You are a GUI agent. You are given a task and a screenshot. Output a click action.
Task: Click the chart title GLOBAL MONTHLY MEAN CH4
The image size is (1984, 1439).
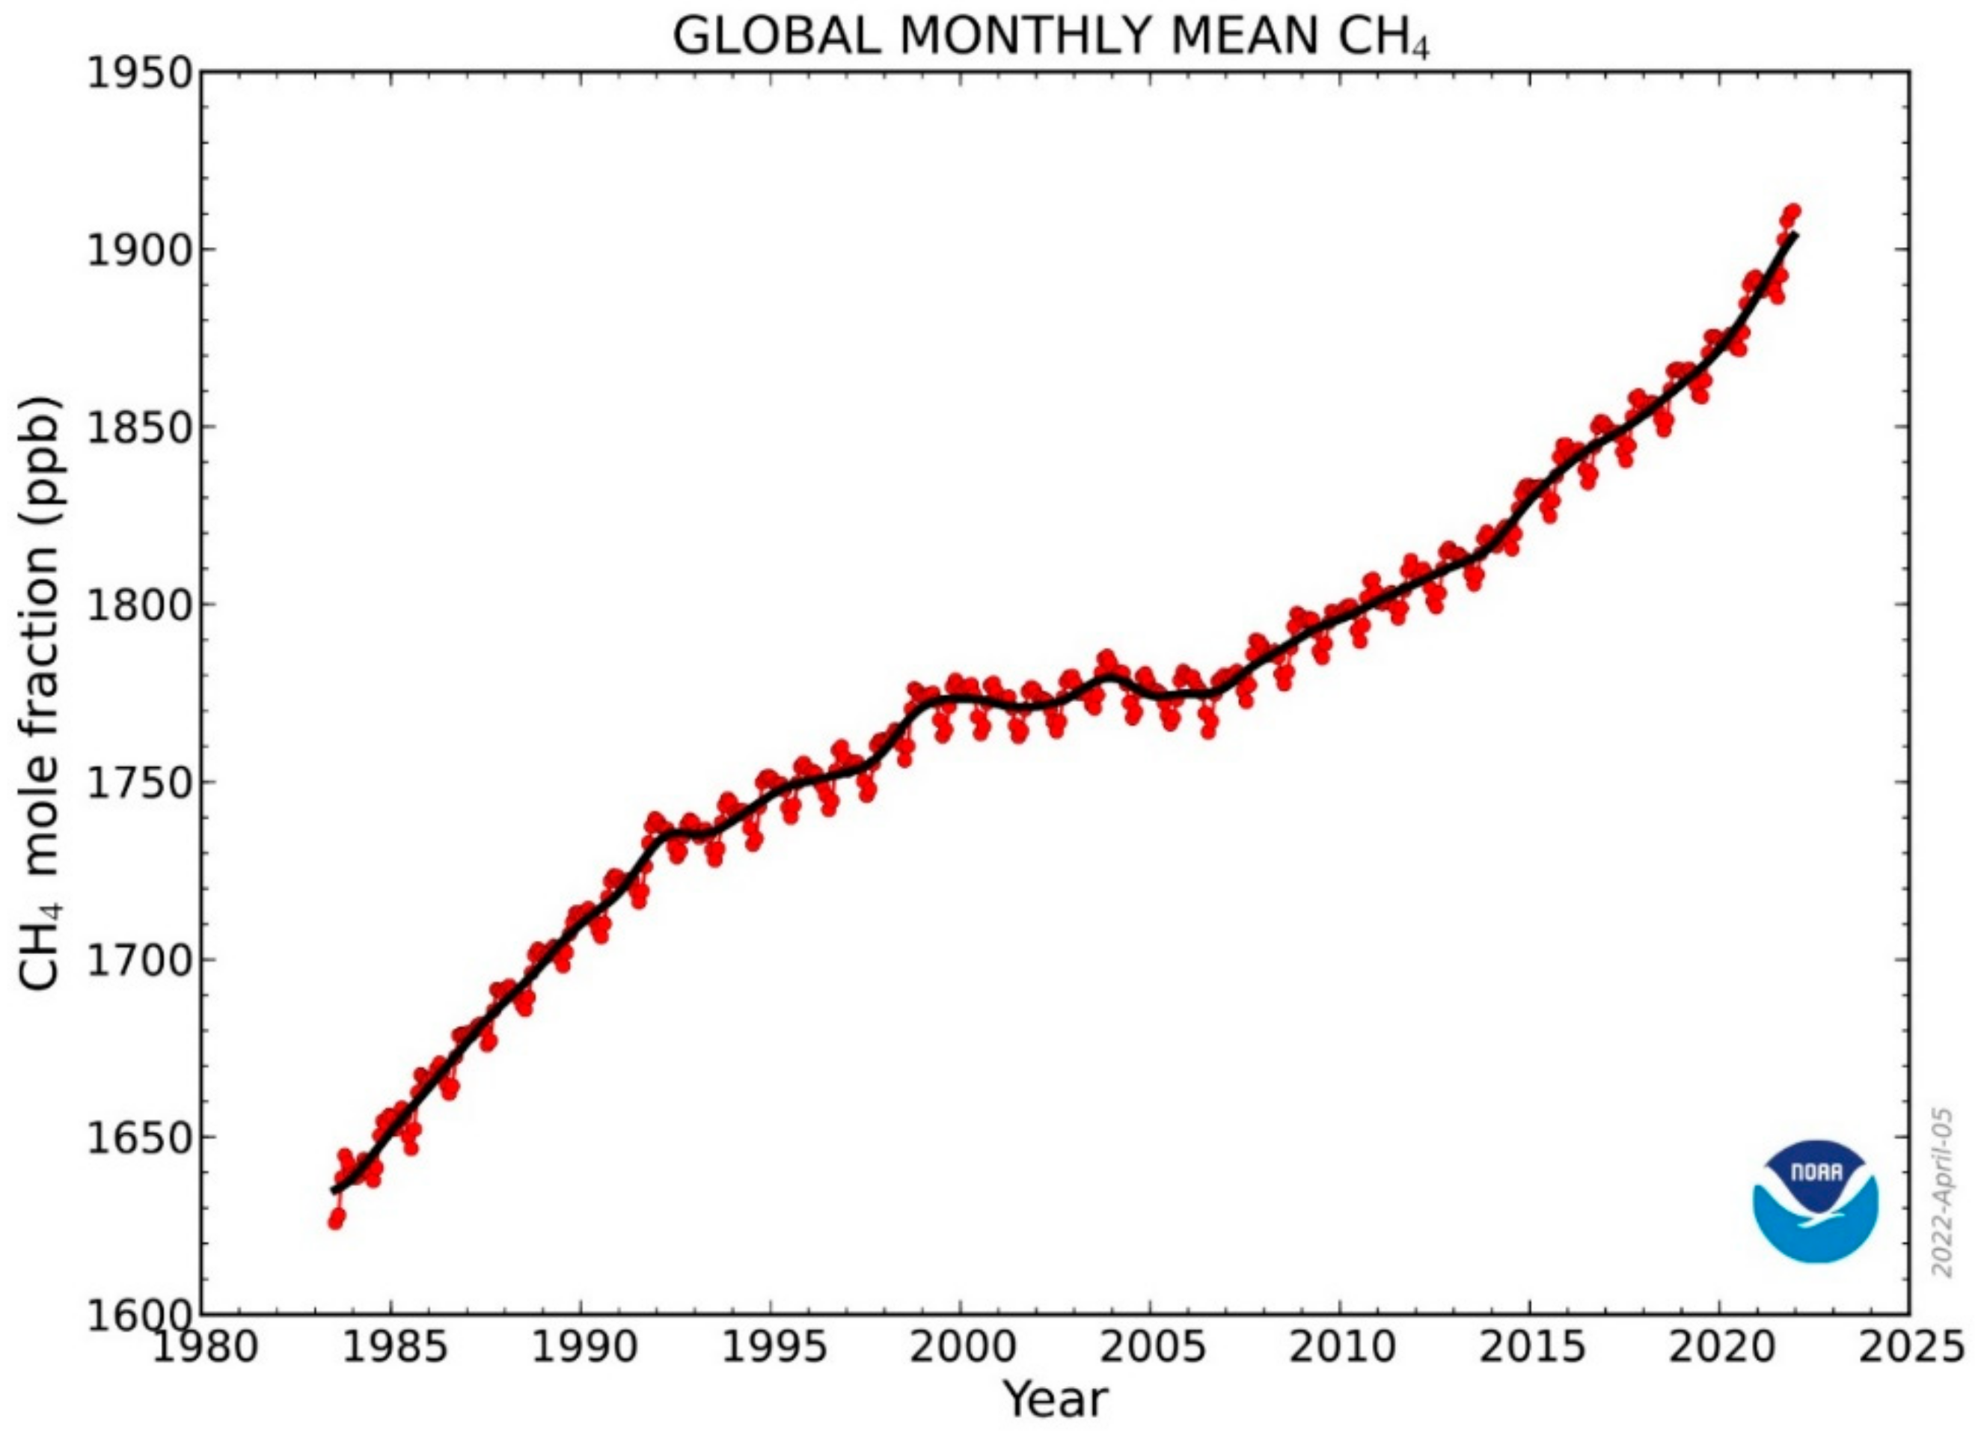coord(1050,37)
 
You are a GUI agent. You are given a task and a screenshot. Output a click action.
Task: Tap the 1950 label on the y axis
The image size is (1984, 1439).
coord(140,73)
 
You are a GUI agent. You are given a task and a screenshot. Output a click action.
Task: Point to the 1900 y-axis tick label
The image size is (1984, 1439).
coord(140,250)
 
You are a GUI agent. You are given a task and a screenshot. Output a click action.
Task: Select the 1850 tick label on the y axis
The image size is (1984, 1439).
coord(140,428)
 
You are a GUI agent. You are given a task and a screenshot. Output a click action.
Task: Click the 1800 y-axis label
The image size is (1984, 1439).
coord(140,605)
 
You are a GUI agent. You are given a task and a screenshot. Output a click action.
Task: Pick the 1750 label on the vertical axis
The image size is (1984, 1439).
coord(140,783)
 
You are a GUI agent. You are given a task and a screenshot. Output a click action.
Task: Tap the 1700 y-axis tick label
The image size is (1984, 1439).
coord(140,961)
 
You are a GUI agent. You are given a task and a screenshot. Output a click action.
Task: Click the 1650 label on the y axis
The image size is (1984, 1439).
coord(140,1138)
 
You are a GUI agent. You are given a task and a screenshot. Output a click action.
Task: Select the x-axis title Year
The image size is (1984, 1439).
coord(1055,1399)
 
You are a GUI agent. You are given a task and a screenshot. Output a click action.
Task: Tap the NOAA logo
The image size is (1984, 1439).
coord(1815,1202)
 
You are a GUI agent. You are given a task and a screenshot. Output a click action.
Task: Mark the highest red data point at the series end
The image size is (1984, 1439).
coord(1792,212)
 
